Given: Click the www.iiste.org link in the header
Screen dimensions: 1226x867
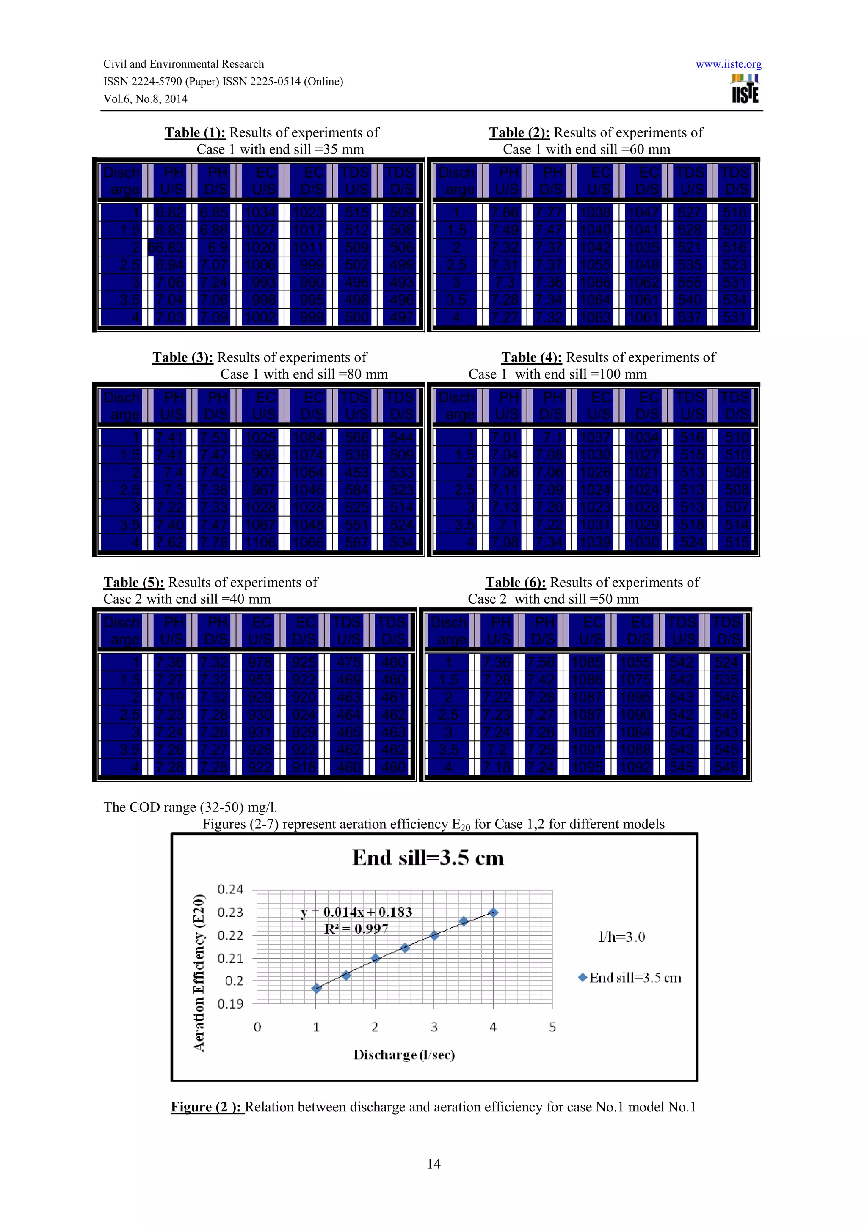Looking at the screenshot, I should [x=728, y=65].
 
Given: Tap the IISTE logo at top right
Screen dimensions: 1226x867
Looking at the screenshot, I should [x=745, y=89].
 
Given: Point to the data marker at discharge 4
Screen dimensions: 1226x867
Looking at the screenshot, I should [x=493, y=913].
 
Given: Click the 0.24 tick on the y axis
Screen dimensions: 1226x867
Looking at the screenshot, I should [x=230, y=890].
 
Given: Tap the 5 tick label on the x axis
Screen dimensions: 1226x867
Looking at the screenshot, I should [x=552, y=1027].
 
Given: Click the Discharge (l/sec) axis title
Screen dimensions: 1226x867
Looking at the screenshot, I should [x=404, y=1055].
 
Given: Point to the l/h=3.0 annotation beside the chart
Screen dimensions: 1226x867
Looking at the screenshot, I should [x=621, y=937].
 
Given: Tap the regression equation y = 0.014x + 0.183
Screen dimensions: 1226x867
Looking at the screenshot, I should [x=356, y=912].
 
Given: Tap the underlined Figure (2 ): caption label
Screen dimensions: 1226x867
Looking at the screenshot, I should [x=207, y=1107].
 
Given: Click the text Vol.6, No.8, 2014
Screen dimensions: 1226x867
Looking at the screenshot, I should [x=145, y=99].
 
